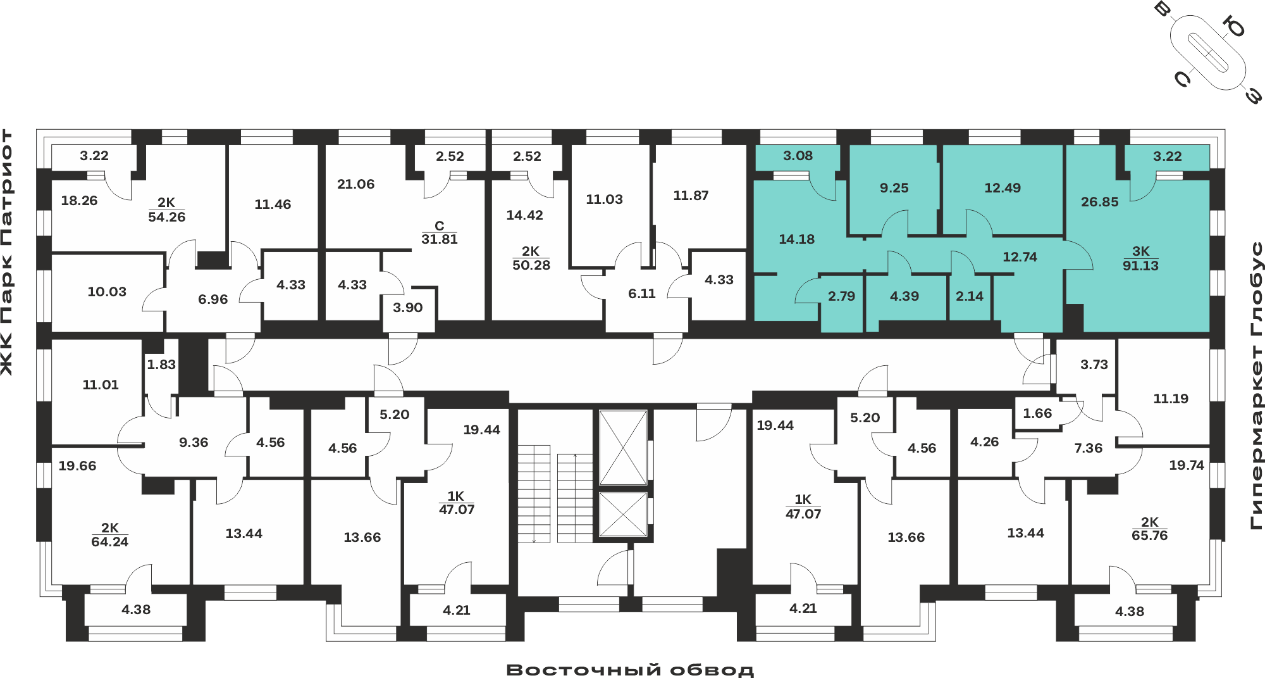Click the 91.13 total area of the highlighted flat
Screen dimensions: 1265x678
tap(1140, 266)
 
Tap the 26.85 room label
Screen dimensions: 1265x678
tap(1099, 202)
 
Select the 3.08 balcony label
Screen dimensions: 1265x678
tap(798, 156)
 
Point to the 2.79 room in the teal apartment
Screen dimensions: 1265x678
tap(841, 296)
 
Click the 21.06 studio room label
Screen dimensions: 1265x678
tap(355, 184)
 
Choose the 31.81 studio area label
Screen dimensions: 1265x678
tap(440, 239)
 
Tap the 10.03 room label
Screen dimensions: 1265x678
tap(107, 292)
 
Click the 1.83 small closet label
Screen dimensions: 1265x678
tap(161, 365)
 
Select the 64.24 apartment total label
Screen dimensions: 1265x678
tap(109, 542)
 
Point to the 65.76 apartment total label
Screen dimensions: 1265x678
tap(1149, 536)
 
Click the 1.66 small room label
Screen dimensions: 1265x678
tap(1037, 413)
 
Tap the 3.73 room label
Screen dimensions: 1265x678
tap(1094, 365)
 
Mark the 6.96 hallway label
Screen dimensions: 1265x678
tap(213, 299)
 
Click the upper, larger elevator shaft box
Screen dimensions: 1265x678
tap(623, 448)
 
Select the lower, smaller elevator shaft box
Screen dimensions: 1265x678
tap(623, 514)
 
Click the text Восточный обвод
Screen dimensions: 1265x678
tap(630, 669)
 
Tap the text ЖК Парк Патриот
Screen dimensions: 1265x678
tap(7, 252)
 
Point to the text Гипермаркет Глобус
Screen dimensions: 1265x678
tap(1257, 385)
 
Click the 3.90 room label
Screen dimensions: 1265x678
tap(407, 308)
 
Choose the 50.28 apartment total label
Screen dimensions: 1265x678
tap(531, 265)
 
